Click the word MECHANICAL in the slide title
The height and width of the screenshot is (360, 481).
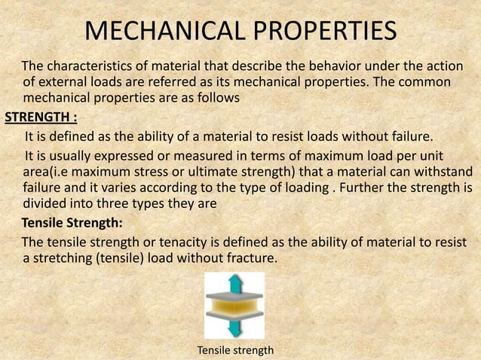point(149,32)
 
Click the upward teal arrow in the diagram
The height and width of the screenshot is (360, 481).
point(234,284)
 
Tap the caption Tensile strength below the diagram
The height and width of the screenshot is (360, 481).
point(234,350)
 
